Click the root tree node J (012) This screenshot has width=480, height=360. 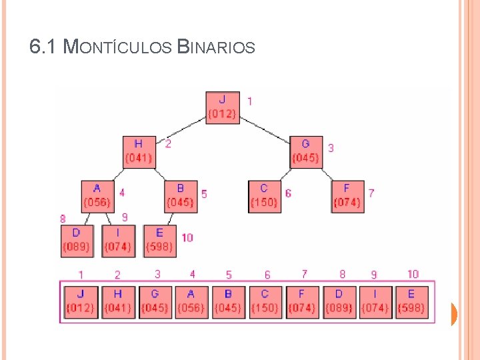pos(222,107)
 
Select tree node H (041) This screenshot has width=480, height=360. pos(139,151)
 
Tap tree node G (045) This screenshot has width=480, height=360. pos(306,152)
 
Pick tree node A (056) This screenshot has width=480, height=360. pos(97,196)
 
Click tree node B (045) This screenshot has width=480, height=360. pos(181,196)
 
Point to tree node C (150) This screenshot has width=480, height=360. pos(265,196)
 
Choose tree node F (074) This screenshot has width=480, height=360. pos(347,196)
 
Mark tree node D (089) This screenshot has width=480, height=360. pos(76,241)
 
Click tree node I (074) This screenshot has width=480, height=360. pos(118,241)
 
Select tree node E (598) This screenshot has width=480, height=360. pos(159,241)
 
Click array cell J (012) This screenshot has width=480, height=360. pos(81,301)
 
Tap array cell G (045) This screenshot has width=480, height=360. pos(155,301)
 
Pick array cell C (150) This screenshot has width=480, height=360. pos(265,301)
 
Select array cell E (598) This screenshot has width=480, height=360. pos(412,301)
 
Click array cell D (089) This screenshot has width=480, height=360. pos(339,301)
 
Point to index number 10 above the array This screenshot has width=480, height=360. pos(413,274)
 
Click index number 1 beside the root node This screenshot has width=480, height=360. pos(249,101)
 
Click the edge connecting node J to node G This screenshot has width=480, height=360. pos(265,129)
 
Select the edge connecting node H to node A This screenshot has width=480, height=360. pos(119,174)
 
